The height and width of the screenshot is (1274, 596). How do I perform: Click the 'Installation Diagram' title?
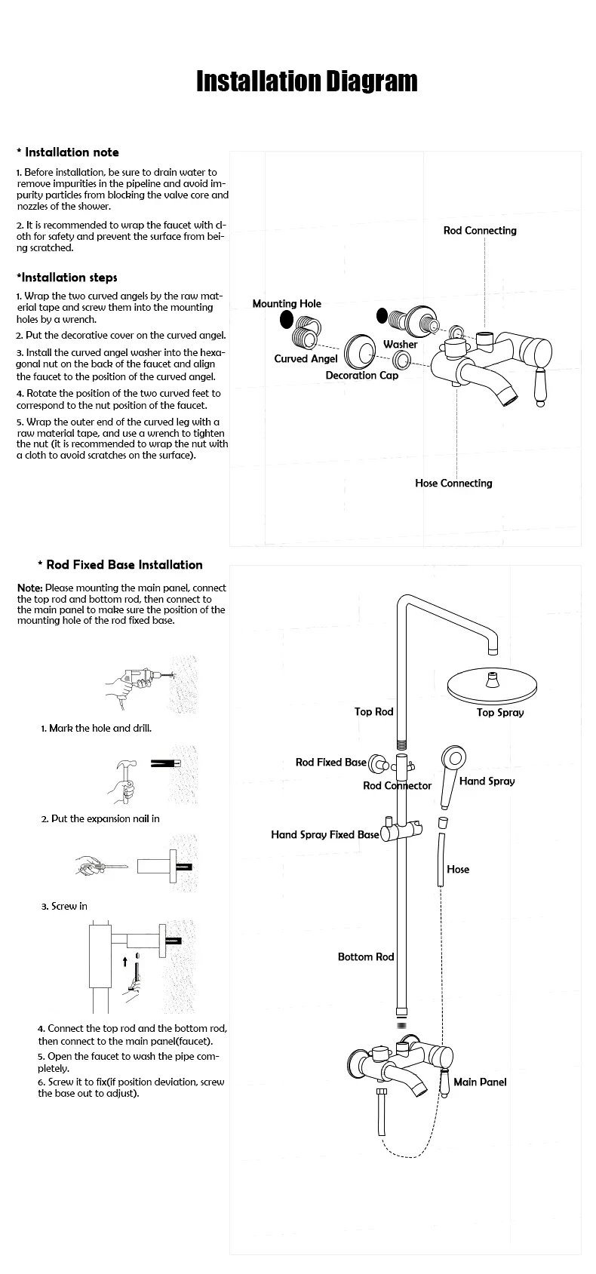[306, 81]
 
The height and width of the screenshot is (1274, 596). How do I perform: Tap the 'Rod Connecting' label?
[480, 230]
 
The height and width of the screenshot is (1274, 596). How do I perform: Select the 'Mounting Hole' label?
[287, 303]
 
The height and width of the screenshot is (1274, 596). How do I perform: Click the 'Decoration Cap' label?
[361, 375]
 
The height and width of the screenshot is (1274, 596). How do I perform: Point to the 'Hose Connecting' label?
[453, 483]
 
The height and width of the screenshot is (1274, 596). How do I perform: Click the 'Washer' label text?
[400, 344]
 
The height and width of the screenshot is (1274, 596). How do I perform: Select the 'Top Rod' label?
[374, 711]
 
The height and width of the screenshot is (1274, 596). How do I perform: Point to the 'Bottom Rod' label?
[366, 956]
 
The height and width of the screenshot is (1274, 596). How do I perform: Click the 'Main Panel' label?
[480, 1082]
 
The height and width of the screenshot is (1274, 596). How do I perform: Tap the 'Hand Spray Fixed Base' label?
[325, 834]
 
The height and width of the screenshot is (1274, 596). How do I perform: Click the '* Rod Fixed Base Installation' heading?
[120, 564]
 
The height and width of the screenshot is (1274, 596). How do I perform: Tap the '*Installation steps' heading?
[66, 277]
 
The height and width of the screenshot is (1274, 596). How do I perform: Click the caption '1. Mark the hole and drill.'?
[96, 728]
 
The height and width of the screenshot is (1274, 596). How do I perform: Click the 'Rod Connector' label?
[397, 785]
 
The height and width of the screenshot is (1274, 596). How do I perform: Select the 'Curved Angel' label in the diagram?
[306, 358]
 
